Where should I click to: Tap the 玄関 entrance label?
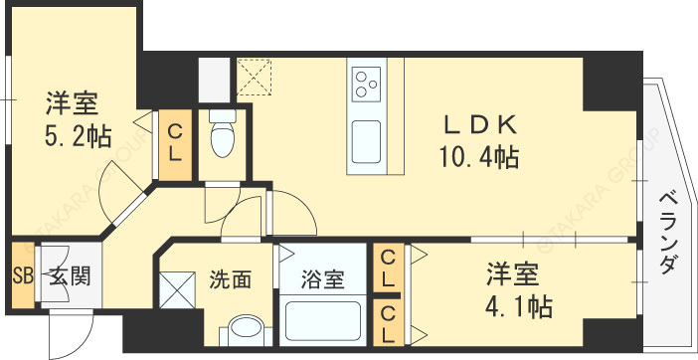point(71,275)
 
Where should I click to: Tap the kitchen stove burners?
point(367,81)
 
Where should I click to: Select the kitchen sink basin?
point(367,135)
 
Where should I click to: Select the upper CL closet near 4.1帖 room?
point(388,269)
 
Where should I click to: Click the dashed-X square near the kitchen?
point(256,77)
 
